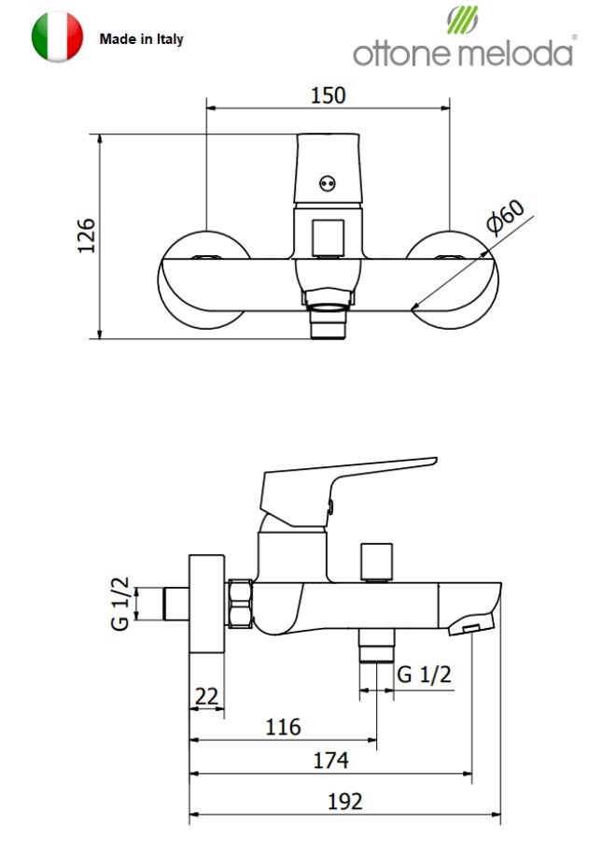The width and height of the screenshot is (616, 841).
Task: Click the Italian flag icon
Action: click(57, 37)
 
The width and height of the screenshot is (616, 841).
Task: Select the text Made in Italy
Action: click(142, 39)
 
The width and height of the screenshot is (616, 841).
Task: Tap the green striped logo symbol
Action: click(462, 20)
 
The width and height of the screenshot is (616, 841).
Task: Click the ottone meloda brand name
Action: click(463, 53)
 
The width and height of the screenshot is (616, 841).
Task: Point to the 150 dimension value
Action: click(329, 95)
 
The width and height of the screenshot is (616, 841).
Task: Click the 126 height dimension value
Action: click(86, 235)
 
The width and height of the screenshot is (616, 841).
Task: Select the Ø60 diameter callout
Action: click(505, 216)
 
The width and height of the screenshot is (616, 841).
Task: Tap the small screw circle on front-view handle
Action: click(328, 183)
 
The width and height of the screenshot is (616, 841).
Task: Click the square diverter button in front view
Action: click(329, 237)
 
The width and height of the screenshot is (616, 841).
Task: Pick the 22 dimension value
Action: click(206, 696)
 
